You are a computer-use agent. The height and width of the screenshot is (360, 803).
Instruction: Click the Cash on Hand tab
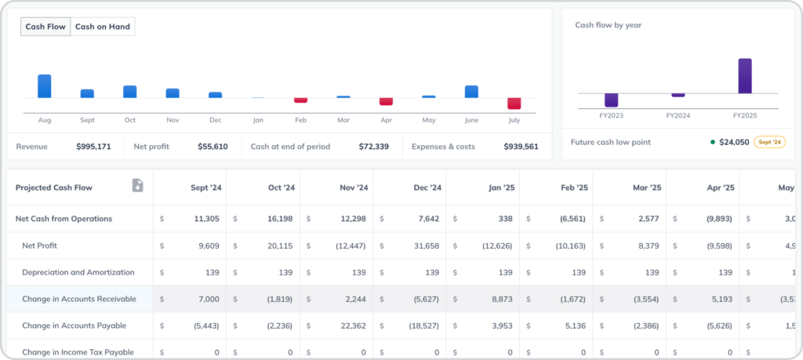pyautogui.click(x=103, y=27)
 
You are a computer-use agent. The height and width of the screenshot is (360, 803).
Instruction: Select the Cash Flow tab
pyautogui.click(x=45, y=27)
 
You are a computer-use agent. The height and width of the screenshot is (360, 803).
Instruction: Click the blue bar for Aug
pyautogui.click(x=45, y=86)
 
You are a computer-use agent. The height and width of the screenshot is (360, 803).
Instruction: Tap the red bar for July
pyautogui.click(x=514, y=104)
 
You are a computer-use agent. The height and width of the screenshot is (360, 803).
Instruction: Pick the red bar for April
pyautogui.click(x=386, y=101)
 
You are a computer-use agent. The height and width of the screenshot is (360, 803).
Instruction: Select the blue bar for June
pyautogui.click(x=471, y=92)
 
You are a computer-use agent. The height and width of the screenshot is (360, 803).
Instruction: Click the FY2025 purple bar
pyautogui.click(x=744, y=76)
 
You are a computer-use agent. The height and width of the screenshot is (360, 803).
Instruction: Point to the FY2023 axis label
pyautogui.click(x=611, y=115)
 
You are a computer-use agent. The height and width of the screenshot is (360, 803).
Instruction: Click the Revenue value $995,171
pyautogui.click(x=93, y=147)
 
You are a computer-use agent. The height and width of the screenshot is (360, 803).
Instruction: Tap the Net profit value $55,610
pyautogui.click(x=213, y=147)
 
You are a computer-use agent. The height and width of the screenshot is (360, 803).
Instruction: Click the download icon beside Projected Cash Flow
pyautogui.click(x=137, y=186)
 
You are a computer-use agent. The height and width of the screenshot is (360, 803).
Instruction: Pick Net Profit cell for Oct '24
pyautogui.click(x=280, y=245)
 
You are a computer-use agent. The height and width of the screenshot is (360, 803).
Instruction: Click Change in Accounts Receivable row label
pyautogui.click(x=79, y=299)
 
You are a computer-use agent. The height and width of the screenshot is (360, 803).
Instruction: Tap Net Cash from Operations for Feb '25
pyautogui.click(x=572, y=219)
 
